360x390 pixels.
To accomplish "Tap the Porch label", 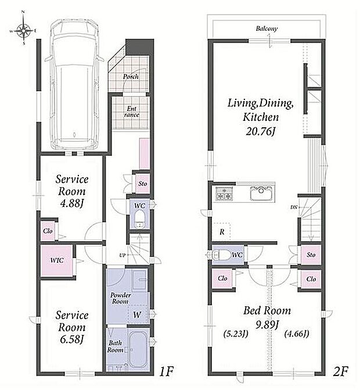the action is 131,77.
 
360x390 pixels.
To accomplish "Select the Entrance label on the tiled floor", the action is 131,112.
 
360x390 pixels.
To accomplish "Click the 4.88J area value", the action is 71,203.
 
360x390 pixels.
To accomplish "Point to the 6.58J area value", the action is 71,339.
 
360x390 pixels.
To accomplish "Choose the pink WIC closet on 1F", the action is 57,260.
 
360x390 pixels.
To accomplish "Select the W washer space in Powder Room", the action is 137,315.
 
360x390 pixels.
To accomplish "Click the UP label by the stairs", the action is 123,255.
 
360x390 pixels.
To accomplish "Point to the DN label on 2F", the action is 294,207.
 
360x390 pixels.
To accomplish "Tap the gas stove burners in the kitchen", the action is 224,194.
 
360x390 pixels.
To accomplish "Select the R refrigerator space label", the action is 222,232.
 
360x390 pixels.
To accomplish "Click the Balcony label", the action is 267,28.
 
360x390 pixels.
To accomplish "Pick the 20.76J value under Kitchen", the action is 261,131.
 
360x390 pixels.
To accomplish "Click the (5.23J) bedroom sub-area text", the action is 236,334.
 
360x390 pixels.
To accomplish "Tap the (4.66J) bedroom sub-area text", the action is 297,334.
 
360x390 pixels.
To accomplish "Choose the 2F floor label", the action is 341,372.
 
